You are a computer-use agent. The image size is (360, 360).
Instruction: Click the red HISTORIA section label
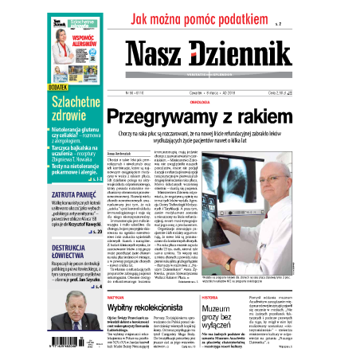click(221, 295)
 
